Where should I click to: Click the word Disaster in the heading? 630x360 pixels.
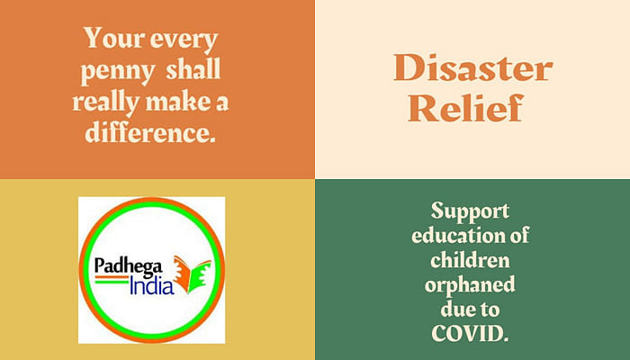tap(473, 67)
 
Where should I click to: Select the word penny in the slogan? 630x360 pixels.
tap(117, 71)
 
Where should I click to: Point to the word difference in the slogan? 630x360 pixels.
tap(150, 131)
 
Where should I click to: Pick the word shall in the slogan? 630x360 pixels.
tap(193, 68)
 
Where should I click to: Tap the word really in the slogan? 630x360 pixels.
tap(106, 103)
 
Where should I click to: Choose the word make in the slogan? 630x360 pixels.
tap(177, 101)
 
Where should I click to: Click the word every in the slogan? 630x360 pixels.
tap(184, 40)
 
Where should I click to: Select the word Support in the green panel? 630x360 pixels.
tap(470, 211)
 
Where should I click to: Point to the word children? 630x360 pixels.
tap(470, 259)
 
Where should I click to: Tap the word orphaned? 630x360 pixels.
tap(470, 285)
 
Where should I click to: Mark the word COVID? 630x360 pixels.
tap(470, 333)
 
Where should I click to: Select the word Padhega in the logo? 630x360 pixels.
tap(129, 266)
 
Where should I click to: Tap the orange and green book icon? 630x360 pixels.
tap(192, 274)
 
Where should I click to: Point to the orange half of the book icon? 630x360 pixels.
tap(182, 274)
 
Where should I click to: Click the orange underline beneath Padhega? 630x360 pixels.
tap(112, 277)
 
